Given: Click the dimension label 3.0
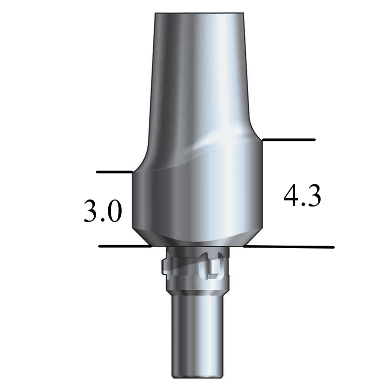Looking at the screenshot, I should (x=102, y=213).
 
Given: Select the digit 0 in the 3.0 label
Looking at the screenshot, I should (x=113, y=213).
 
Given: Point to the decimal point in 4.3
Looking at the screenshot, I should (x=303, y=205).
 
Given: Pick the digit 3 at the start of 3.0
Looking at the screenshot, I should (x=91, y=213).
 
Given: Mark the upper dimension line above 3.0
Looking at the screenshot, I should (x=114, y=172).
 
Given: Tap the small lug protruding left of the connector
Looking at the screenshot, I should (x=165, y=266).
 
